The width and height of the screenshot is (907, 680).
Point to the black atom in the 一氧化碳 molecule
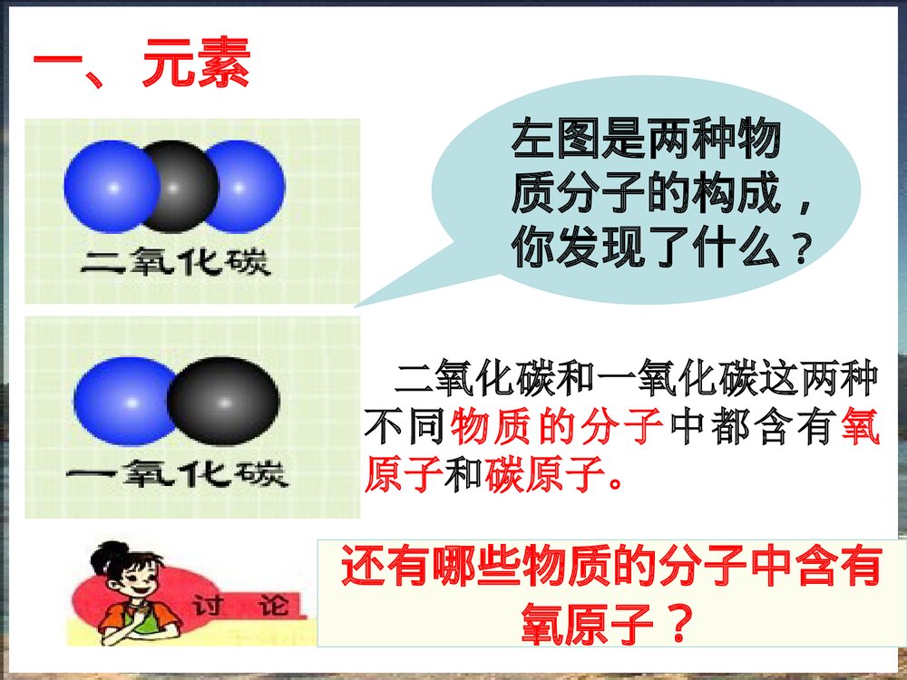click(x=222, y=400)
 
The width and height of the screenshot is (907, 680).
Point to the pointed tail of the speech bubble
click(x=363, y=303)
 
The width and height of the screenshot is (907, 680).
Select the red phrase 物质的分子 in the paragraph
click(x=555, y=426)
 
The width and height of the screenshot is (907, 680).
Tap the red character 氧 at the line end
click(x=861, y=426)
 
